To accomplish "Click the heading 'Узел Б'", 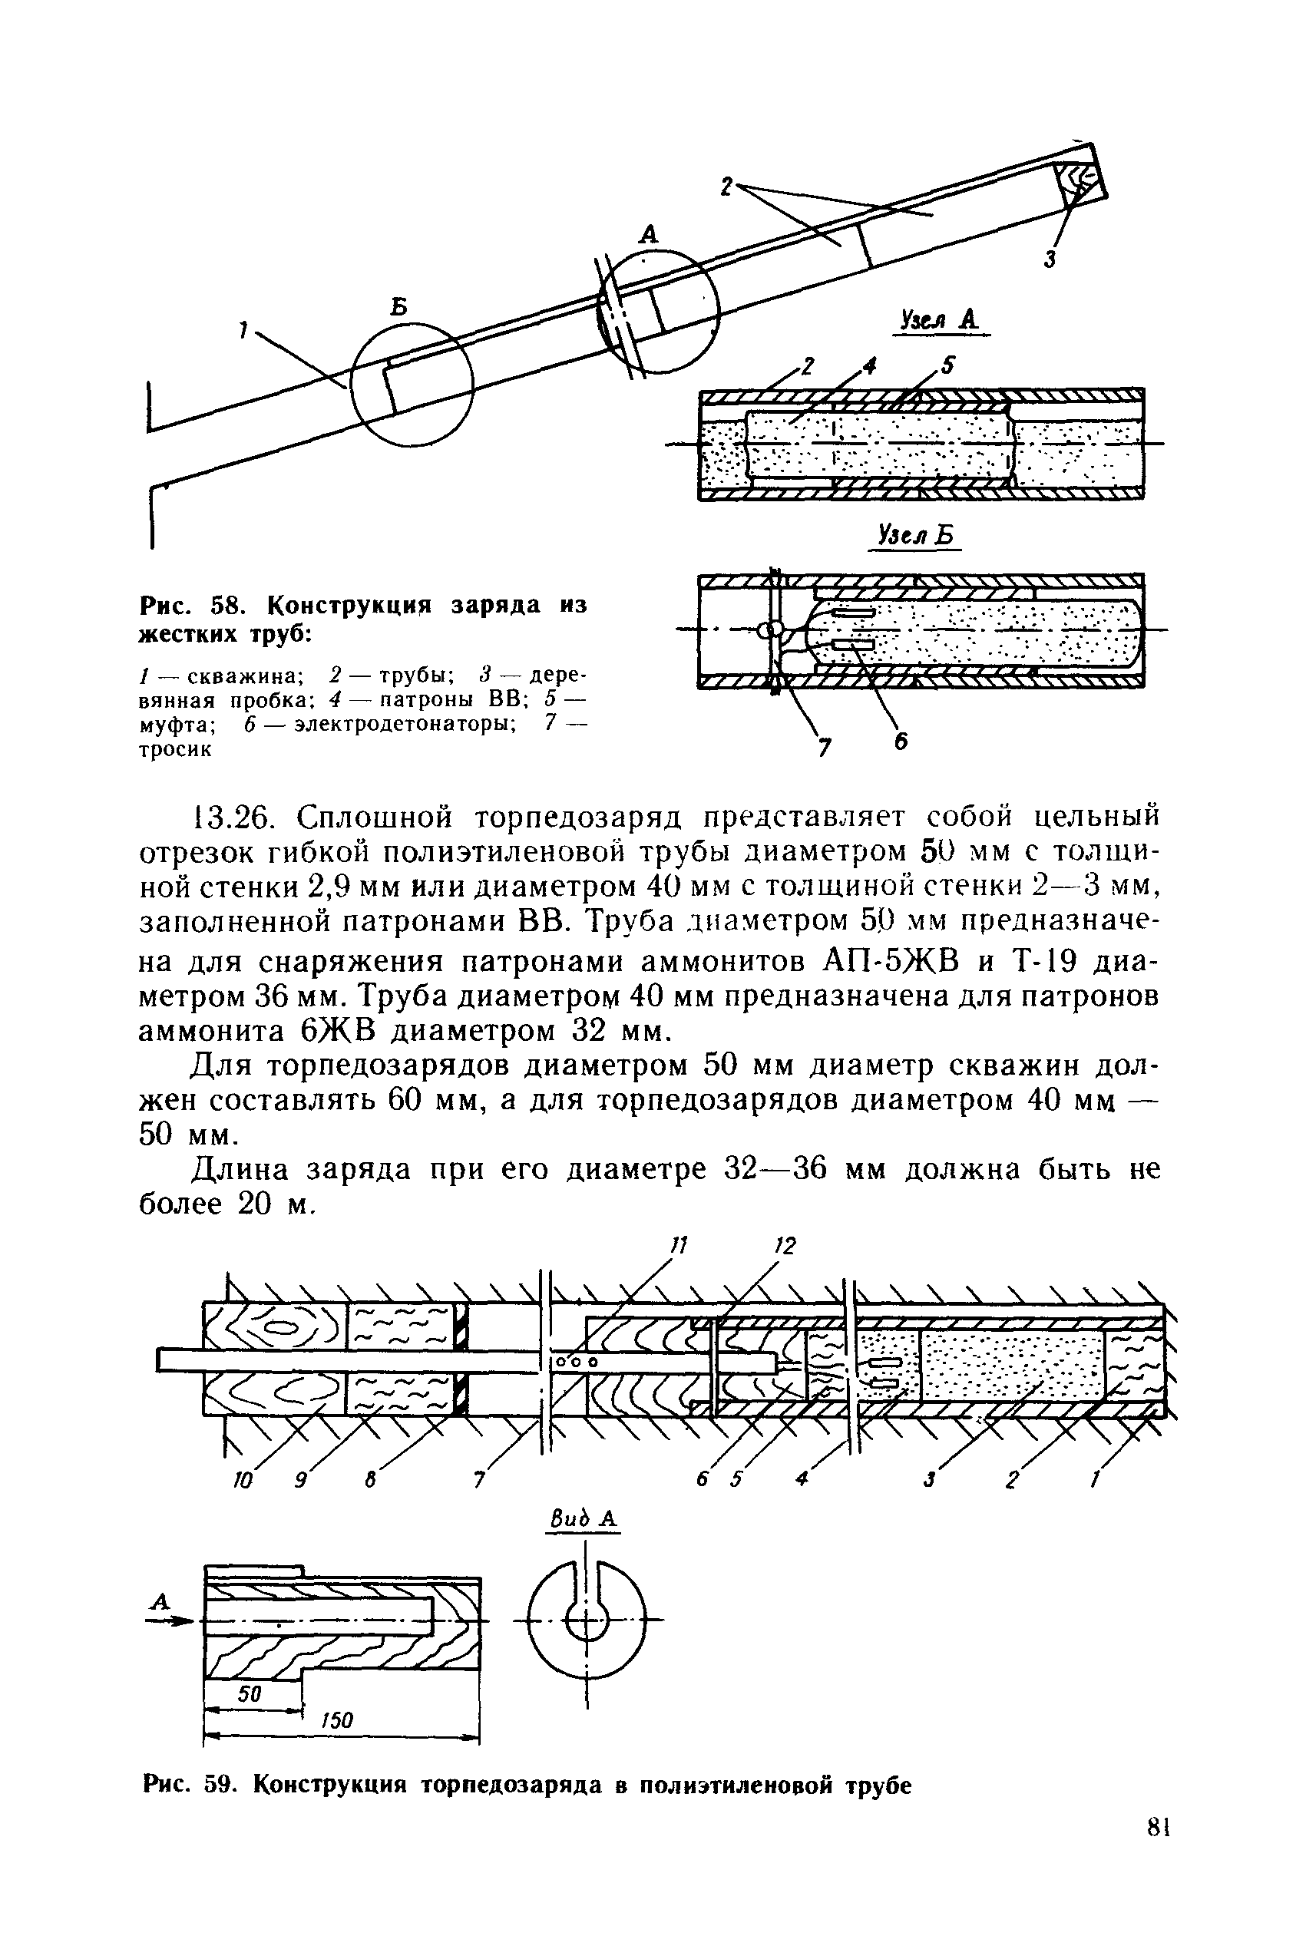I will (914, 535).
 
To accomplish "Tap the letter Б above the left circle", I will (400, 307).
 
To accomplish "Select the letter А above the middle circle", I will (648, 235).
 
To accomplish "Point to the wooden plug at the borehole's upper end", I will (1079, 180).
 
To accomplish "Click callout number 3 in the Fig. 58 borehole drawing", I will (1050, 259).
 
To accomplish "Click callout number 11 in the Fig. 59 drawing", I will (679, 1247).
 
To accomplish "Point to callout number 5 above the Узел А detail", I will (949, 365).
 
